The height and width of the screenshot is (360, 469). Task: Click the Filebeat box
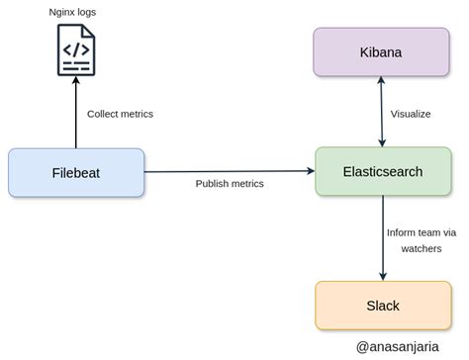tap(76, 172)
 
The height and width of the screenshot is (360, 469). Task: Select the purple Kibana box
tap(382, 52)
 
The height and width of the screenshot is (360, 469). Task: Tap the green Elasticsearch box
tap(382, 171)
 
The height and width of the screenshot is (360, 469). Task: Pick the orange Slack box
tap(382, 306)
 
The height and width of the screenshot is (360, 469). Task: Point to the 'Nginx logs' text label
tap(76, 12)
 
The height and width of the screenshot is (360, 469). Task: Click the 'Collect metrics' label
tap(120, 114)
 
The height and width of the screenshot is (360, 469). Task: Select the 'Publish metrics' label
tap(229, 184)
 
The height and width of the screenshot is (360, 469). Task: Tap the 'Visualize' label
tap(411, 114)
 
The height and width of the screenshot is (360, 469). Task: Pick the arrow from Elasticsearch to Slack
tap(382, 237)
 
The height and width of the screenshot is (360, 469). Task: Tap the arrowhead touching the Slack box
tap(382, 276)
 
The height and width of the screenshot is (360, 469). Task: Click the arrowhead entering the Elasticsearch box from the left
tap(310, 171)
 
